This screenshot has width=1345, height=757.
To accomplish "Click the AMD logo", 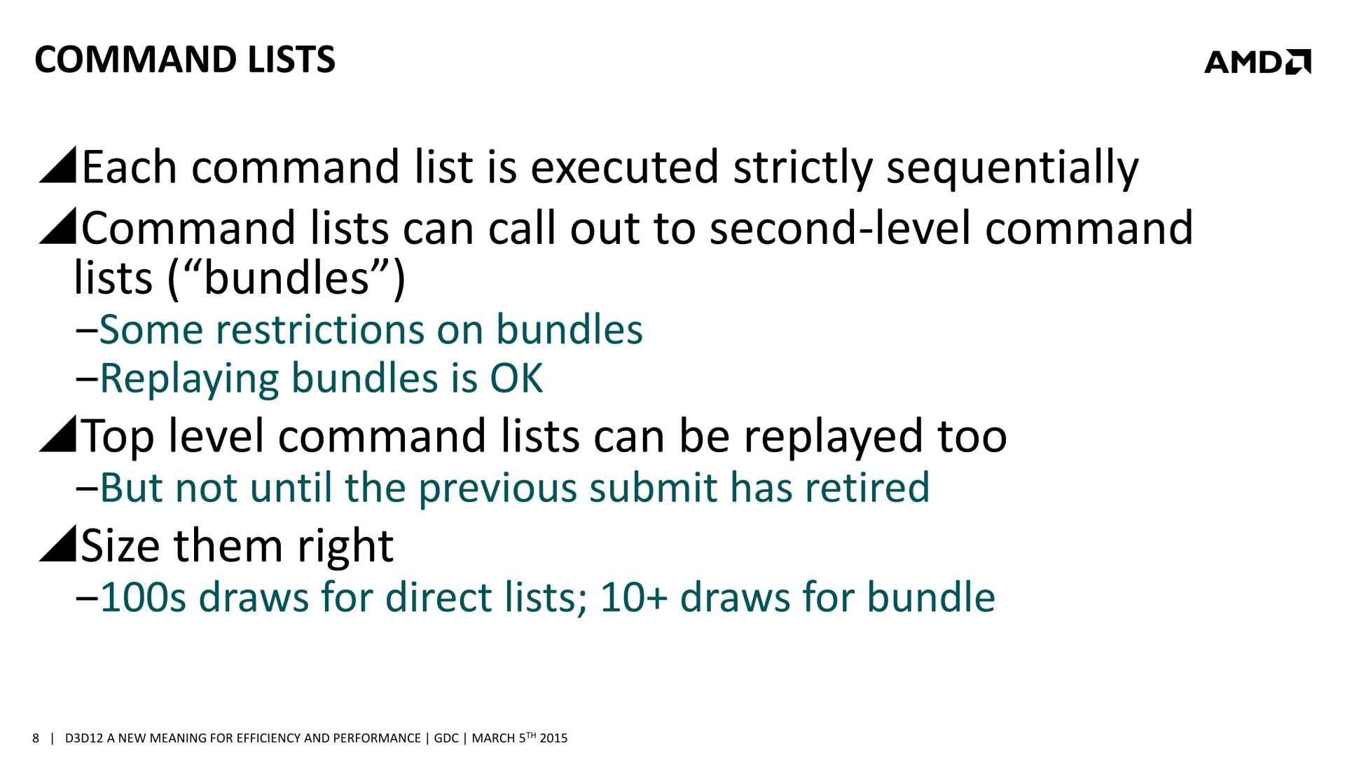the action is point(1257,62).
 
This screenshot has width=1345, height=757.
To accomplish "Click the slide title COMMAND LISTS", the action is point(185,60).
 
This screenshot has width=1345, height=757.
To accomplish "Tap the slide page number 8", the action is point(36,738).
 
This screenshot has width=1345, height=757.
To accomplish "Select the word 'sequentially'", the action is point(1013,169).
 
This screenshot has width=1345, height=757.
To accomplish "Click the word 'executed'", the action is point(625,168).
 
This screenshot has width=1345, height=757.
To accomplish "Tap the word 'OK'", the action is point(516,379).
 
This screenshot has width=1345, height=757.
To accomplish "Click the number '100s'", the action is point(144,598).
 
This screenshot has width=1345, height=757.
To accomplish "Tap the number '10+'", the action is point(634,598).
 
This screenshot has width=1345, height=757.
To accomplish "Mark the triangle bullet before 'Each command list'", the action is point(57,165).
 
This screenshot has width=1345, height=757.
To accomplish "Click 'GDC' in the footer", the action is point(446,738).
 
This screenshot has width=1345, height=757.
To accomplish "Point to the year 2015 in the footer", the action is point(553,738).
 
